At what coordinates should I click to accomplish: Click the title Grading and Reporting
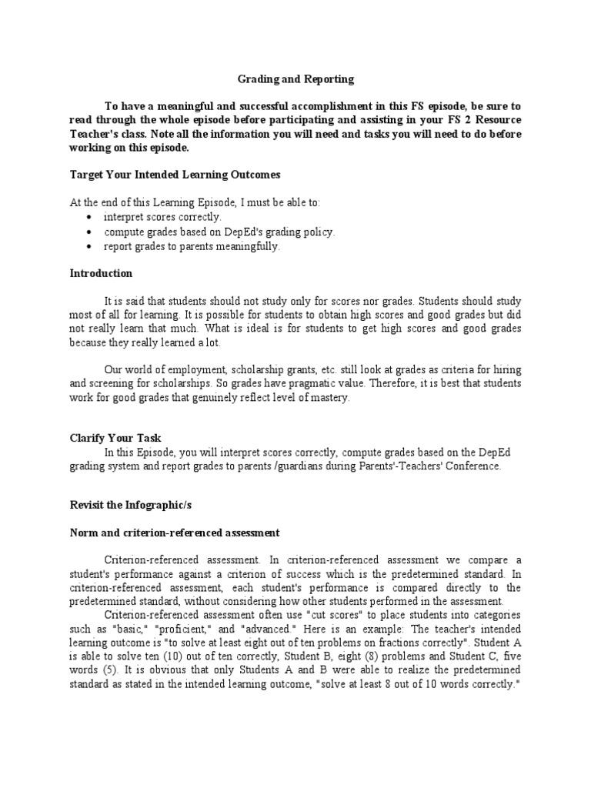pos(295,78)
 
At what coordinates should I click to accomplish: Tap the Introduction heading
pos(101,273)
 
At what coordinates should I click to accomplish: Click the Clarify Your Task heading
pos(115,438)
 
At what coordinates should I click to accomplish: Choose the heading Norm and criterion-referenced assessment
pos(175,533)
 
